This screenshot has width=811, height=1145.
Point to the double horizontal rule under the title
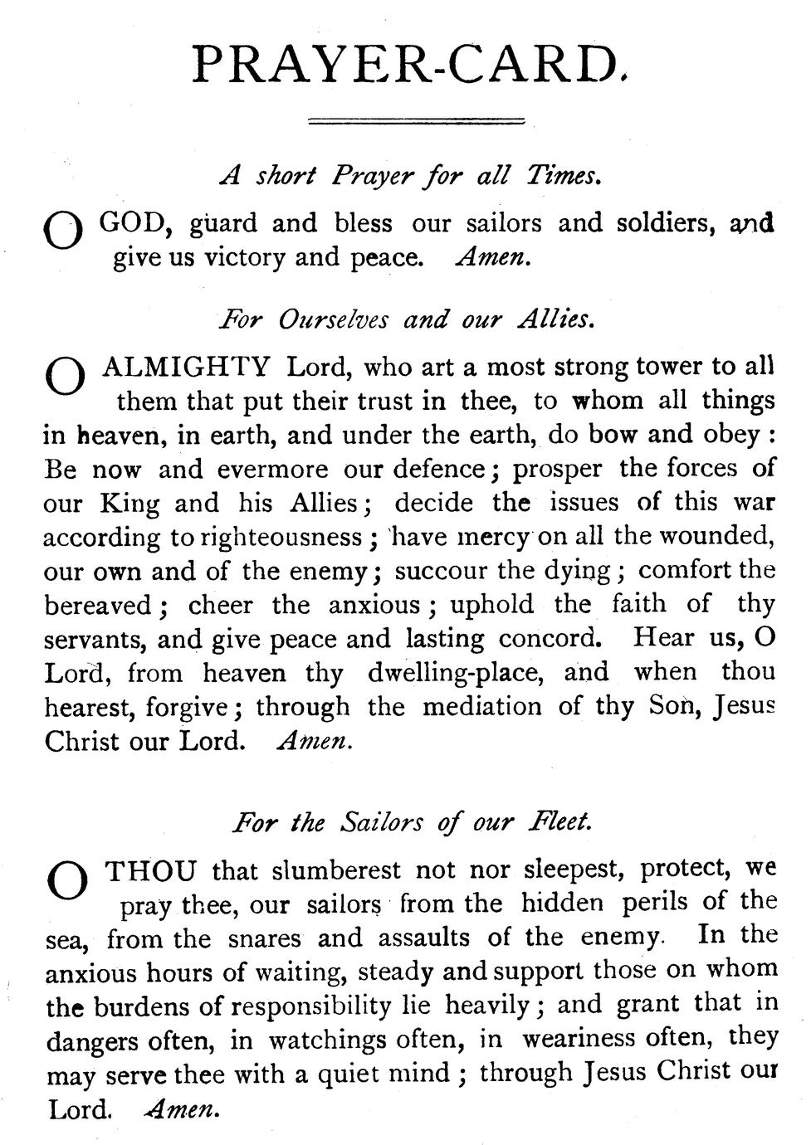[416, 122]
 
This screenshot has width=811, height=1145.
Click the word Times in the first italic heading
[563, 176]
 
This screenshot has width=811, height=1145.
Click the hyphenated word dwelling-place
[456, 672]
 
